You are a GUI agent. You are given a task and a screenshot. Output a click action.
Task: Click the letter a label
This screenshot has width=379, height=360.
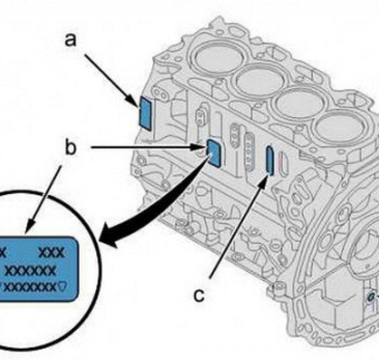click(71, 40)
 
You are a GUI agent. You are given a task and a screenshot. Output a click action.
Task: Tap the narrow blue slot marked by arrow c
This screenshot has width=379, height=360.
click(269, 161)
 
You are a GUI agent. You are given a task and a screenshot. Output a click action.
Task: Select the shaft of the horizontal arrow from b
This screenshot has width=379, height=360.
click(146, 146)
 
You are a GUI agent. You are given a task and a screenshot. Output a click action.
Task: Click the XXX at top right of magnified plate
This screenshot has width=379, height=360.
click(51, 252)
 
